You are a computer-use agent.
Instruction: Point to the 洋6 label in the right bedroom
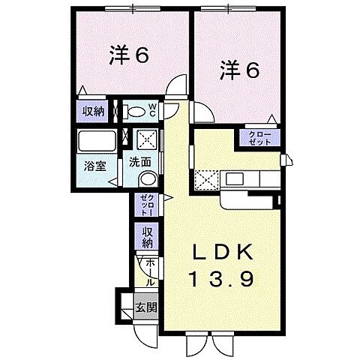pos(239,70)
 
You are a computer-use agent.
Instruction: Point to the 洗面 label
pos(139,161)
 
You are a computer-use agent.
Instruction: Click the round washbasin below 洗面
pos(148,179)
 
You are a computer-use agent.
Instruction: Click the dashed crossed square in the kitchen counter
pos(205,180)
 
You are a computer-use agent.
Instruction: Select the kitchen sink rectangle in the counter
pos(234,178)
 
